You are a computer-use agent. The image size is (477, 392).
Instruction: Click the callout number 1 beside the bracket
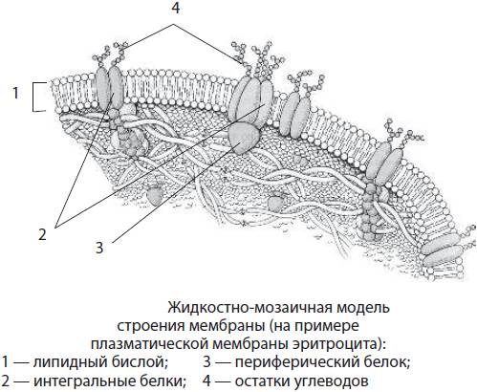15,93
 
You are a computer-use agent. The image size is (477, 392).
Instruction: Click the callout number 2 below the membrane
42,235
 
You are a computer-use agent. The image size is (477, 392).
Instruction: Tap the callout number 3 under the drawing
99,248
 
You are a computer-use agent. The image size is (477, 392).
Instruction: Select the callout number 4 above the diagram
176,8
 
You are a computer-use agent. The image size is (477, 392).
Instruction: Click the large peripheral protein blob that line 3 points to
244,138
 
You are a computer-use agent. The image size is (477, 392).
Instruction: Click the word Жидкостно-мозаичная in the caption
250,308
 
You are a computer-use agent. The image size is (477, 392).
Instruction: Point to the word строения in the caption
150,326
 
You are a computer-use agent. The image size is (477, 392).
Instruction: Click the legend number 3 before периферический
207,362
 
